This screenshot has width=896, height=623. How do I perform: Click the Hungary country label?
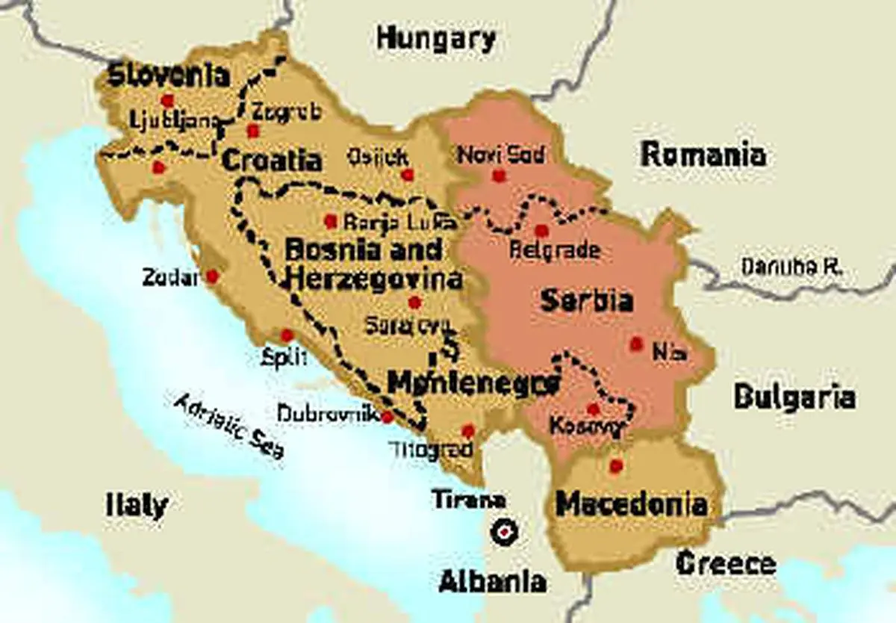[x=436, y=38]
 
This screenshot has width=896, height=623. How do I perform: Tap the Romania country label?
[x=703, y=155]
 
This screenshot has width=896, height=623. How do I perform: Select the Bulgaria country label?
[x=794, y=397]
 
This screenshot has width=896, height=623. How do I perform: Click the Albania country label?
[x=492, y=580]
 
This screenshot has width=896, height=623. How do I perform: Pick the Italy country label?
[x=136, y=505]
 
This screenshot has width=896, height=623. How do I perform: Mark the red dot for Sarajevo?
[x=414, y=303]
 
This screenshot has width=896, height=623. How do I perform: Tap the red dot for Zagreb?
[x=253, y=131]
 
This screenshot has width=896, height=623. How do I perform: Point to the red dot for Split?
[x=287, y=335]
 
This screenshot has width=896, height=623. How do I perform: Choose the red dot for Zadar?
[x=212, y=276]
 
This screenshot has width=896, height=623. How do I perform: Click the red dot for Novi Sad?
[x=499, y=176]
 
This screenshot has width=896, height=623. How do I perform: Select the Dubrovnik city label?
[x=328, y=413]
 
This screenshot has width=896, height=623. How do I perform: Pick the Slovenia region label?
[x=168, y=75]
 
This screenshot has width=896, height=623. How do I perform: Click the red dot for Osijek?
[x=408, y=175]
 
